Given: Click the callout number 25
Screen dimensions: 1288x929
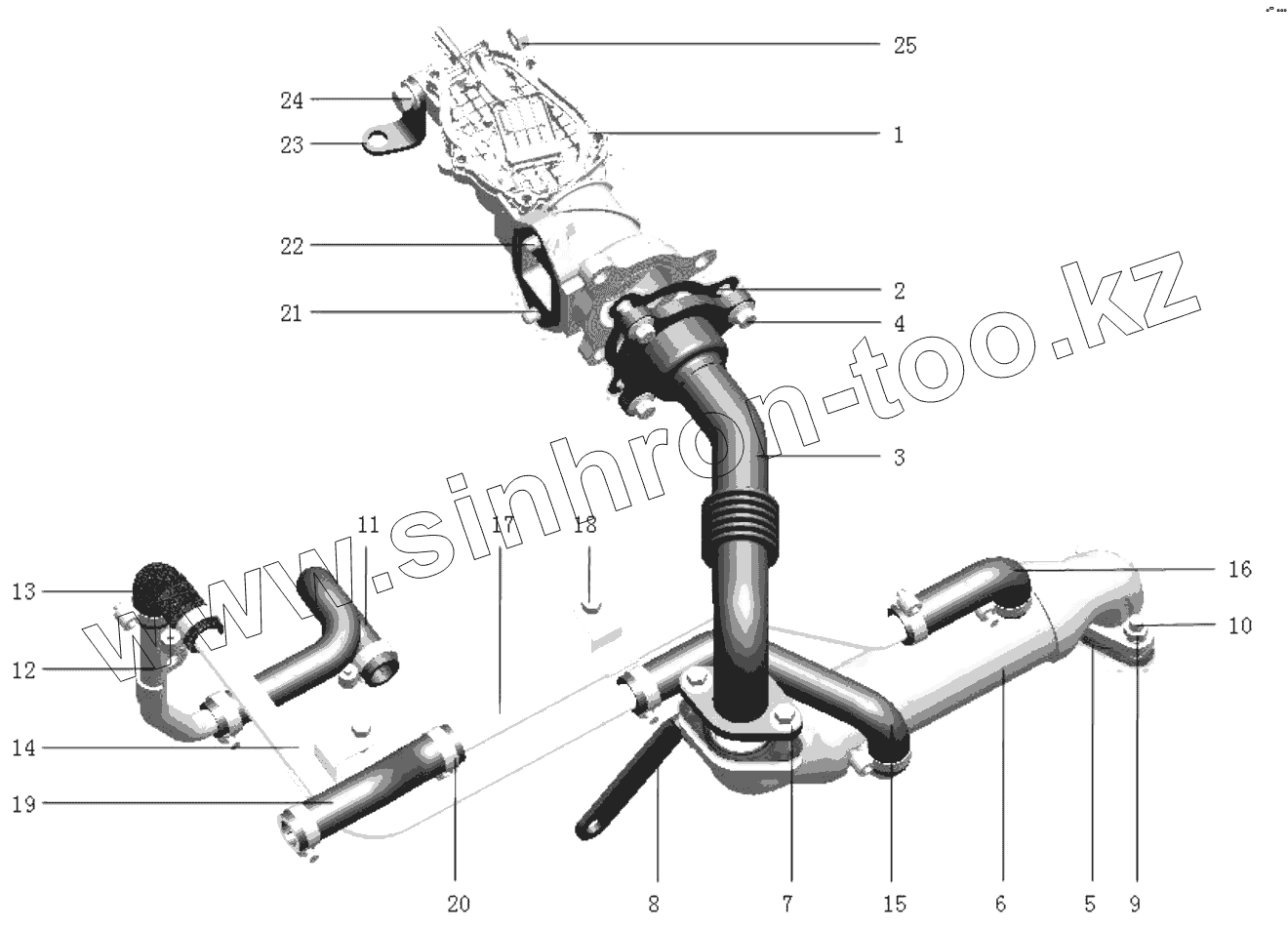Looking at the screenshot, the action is (905, 46).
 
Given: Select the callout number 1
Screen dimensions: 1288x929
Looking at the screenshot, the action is (898, 135).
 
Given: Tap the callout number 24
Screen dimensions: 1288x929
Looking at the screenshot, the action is (293, 101).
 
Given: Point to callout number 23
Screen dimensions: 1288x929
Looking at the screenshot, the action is (293, 145).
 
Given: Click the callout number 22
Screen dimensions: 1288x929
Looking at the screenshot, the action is (293, 247).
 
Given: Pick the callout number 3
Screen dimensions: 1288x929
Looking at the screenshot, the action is (898, 457).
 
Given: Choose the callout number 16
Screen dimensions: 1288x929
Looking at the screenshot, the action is (1239, 569).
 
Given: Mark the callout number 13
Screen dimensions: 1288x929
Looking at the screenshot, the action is (23, 591).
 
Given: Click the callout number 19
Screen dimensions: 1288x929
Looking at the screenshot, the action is (23, 803).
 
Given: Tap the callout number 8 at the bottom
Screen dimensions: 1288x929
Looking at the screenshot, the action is (654, 903).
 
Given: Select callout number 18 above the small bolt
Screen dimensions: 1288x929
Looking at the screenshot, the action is (584, 525).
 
